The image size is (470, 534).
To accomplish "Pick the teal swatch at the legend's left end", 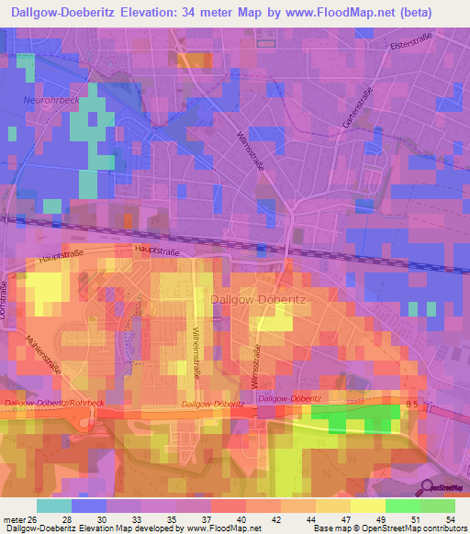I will tap(54, 506).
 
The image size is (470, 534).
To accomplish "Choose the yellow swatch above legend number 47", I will tap(333, 506).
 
